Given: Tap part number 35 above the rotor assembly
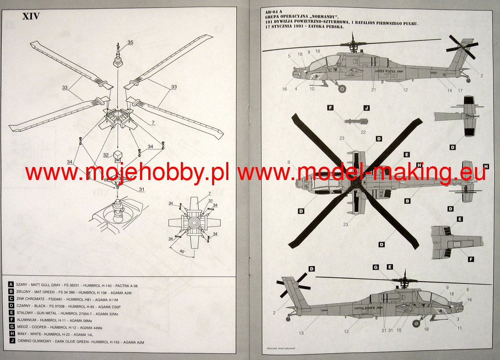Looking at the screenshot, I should click(130, 42).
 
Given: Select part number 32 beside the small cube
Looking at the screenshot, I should click(106, 155).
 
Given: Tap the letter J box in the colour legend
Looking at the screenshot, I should click(10, 342).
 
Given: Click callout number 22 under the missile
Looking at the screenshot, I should click(363, 132).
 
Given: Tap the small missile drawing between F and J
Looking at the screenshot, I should click(355, 121).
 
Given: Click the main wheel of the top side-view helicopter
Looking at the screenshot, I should click(342, 88).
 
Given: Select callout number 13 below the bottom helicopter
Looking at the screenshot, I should click(301, 333).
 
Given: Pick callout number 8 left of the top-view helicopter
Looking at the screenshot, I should click(288, 162).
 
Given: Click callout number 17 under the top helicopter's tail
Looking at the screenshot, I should click(460, 90).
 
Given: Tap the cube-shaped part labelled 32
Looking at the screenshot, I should click(118, 155).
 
